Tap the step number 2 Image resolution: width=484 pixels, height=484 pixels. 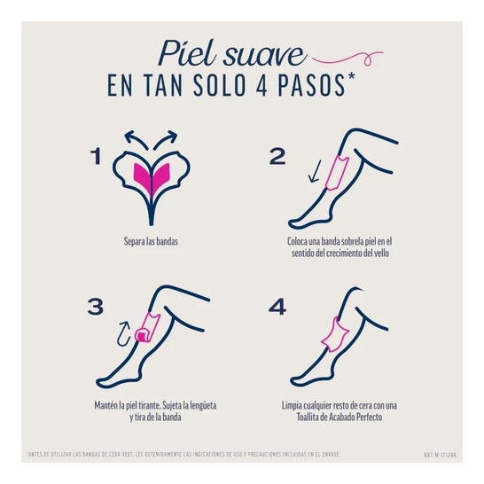277,157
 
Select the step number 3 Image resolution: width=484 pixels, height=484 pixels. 96,307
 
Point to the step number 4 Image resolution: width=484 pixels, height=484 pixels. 277,307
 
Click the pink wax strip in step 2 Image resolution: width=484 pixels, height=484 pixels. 338,170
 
